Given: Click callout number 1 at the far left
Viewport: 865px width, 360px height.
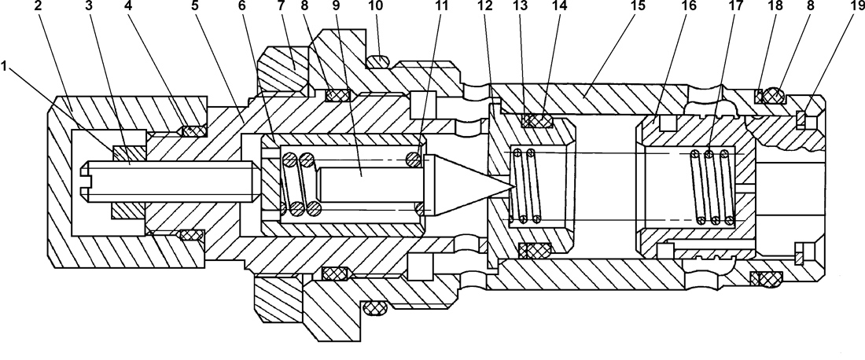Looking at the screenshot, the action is [5, 67].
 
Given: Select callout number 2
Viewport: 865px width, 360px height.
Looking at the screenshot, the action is [38, 6].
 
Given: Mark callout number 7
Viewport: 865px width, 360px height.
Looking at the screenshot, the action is [282, 6].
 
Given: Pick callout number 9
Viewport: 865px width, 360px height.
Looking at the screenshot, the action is [337, 6].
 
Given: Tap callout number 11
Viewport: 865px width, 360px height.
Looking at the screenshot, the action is [441, 6].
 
